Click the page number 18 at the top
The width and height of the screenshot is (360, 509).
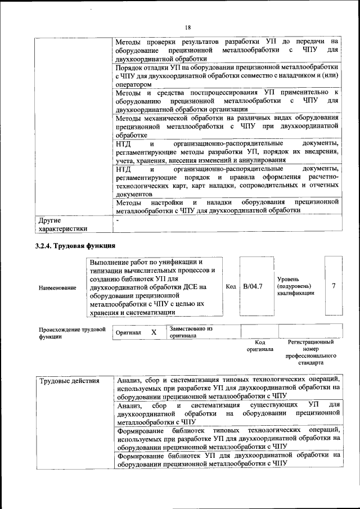pyautogui.click(x=188, y=28)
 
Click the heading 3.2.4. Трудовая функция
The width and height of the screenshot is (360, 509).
pyautogui.click(x=75, y=245)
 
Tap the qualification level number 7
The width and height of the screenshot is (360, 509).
pyautogui.click(x=334, y=286)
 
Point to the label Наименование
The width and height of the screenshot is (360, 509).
pyautogui.click(x=57, y=288)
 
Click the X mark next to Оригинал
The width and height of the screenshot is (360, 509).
pyautogui.click(x=154, y=332)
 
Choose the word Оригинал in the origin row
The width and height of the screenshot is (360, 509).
pyautogui.click(x=128, y=333)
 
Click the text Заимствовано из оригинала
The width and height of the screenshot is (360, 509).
pyautogui.click(x=190, y=332)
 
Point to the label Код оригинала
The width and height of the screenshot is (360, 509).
pyautogui.click(x=259, y=345)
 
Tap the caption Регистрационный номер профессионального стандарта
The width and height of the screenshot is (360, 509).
pyautogui.click(x=310, y=352)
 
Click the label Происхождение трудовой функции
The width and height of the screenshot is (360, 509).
pyautogui.click(x=72, y=333)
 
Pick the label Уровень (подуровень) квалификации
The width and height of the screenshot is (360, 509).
pyautogui.click(x=295, y=286)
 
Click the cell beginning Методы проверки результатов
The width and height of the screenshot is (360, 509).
pyautogui.click(x=227, y=49)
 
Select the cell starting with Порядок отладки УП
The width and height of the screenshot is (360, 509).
pyautogui.click(x=227, y=75)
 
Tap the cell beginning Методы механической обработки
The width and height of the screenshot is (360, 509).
pyautogui.click(x=227, y=127)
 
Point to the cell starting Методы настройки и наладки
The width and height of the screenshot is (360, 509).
pyautogui.click(x=227, y=206)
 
